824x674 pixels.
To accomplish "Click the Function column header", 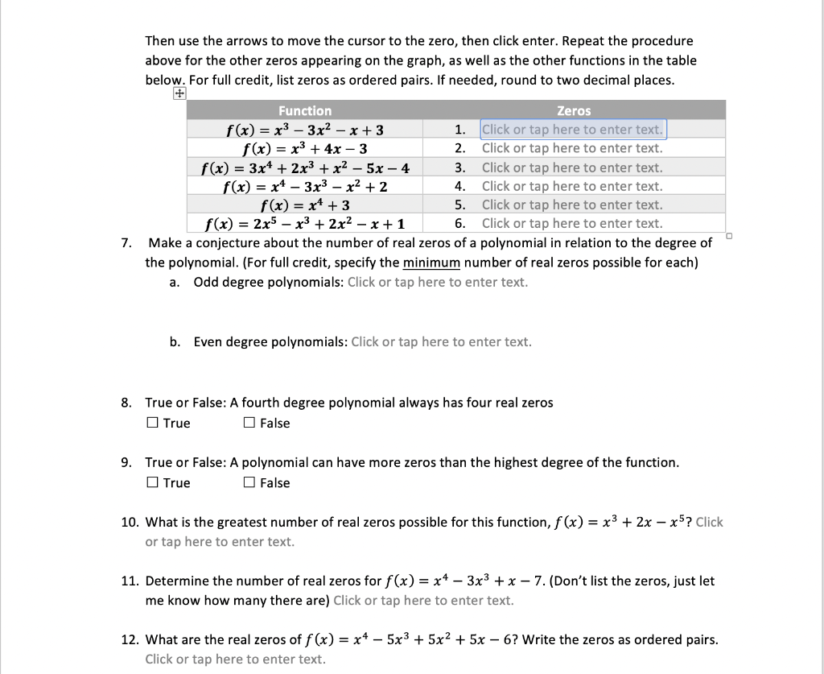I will pos(305,110).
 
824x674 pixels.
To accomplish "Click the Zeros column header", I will pos(573,110).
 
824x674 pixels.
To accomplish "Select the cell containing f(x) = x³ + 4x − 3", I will pos(305,148).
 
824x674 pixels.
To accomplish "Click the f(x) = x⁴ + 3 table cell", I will pos(305,205).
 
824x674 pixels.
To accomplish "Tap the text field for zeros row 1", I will pos(572,130).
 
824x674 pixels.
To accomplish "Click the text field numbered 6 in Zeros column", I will pos(572,224).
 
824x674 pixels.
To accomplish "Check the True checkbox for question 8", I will pos(153,424).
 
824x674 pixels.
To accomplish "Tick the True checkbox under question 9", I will pos(153,483).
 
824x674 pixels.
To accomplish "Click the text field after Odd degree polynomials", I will pos(438,282).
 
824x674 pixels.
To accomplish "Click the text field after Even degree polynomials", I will pos(441,341).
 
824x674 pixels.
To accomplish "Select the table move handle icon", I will pos(179,93).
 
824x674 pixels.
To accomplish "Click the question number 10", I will pos(130,522).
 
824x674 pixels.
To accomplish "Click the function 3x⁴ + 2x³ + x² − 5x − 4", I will pos(305,167).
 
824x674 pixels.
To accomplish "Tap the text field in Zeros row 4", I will pos(572,186).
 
